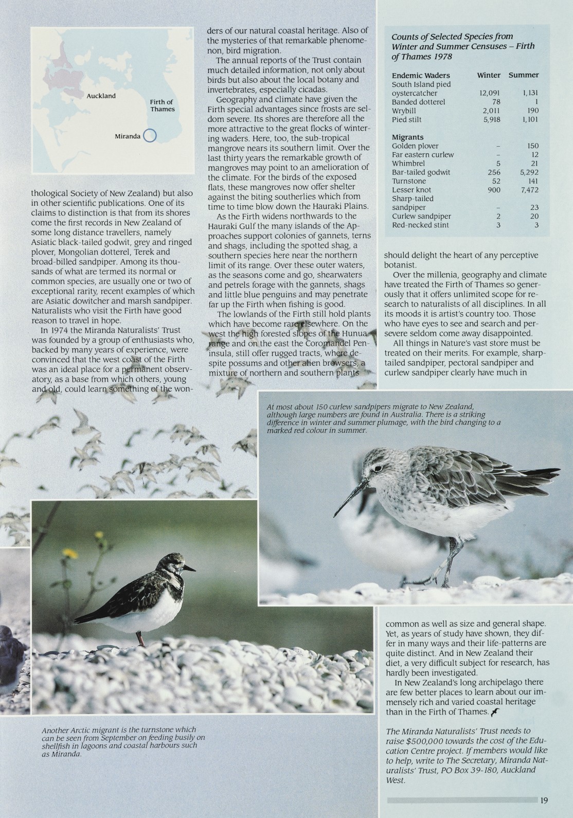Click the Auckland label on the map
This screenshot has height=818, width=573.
click(x=101, y=96)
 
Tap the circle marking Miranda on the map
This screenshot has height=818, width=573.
click(x=149, y=136)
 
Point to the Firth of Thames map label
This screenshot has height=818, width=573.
click(x=163, y=105)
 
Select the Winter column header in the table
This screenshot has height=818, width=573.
click(x=488, y=75)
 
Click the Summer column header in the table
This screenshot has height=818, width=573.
click(x=524, y=75)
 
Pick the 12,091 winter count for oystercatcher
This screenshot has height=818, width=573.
click(x=486, y=93)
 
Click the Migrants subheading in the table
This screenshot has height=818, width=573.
click(x=407, y=137)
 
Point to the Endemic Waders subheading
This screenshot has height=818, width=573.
click(x=421, y=75)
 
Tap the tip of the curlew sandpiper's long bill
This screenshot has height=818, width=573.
click(x=335, y=515)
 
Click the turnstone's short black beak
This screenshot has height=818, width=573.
click(x=190, y=568)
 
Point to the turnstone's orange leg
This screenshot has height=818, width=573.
click(x=139, y=638)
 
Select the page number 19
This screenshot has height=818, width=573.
click(x=544, y=800)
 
